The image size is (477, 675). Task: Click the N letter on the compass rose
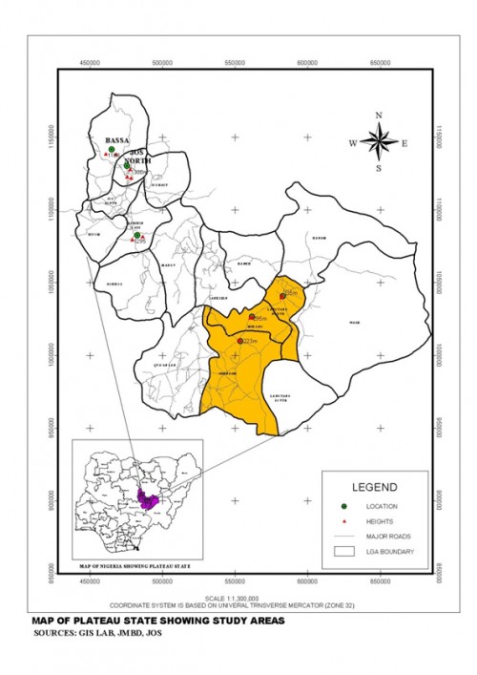[x=379, y=116]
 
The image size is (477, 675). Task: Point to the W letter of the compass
[x=352, y=144]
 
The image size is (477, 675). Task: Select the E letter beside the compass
[x=404, y=144]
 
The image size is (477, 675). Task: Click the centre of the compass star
[x=379, y=144]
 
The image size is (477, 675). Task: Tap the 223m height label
[x=251, y=341]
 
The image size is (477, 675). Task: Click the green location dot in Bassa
[x=111, y=150]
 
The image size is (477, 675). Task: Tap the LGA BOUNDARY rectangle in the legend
[x=343, y=552]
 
